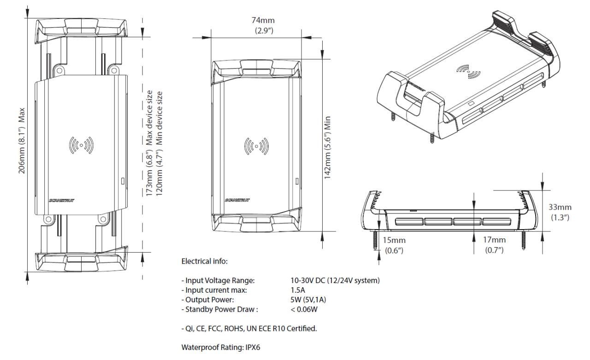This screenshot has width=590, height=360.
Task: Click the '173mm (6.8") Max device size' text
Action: [x=150, y=143]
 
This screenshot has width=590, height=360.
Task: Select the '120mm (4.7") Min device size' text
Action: [x=160, y=143]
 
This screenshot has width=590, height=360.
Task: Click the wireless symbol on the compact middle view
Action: [x=256, y=146]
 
